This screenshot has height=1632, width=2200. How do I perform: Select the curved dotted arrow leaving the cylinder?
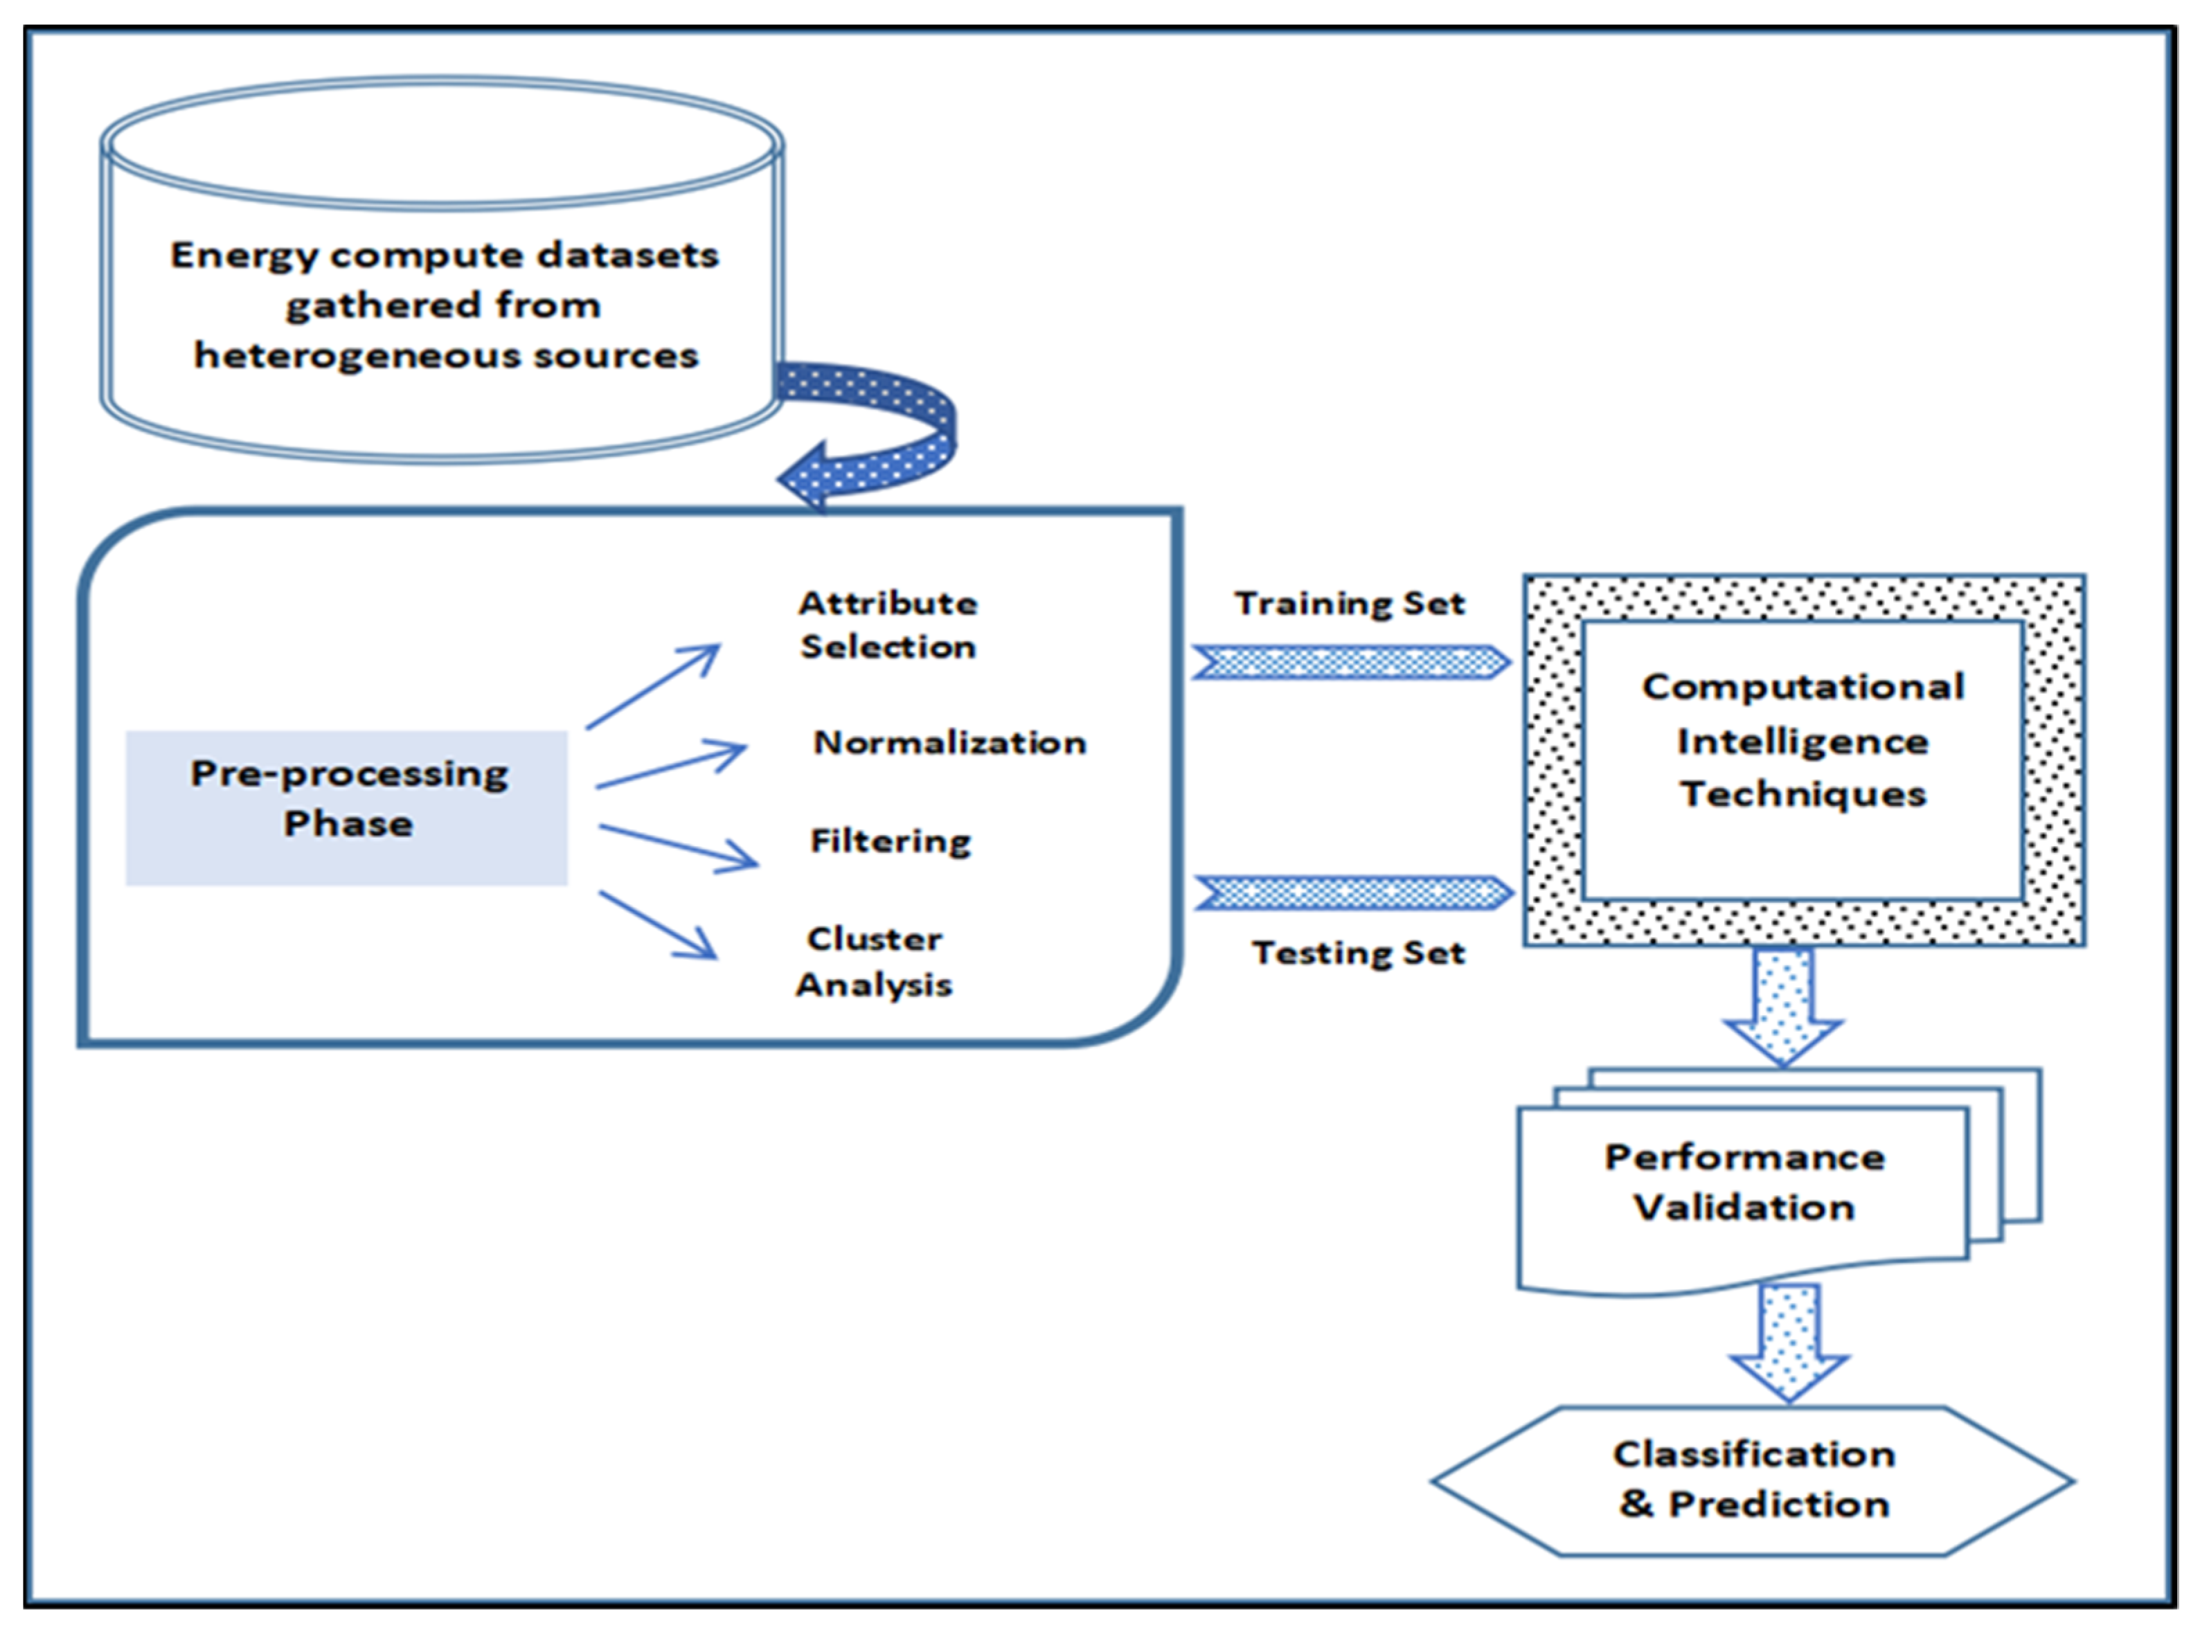click(x=914, y=425)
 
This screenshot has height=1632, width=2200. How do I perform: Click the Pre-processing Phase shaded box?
click(x=347, y=808)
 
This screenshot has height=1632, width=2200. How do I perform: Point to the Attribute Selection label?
click(x=887, y=625)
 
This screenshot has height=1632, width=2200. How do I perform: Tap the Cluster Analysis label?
click(x=875, y=961)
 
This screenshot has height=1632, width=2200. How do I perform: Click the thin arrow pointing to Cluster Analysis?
click(x=658, y=924)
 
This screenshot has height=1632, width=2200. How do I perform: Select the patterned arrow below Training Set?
click(x=1350, y=662)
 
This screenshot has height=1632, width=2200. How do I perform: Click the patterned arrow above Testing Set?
click(x=1352, y=893)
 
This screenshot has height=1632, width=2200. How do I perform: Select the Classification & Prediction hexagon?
click(x=1753, y=1480)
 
